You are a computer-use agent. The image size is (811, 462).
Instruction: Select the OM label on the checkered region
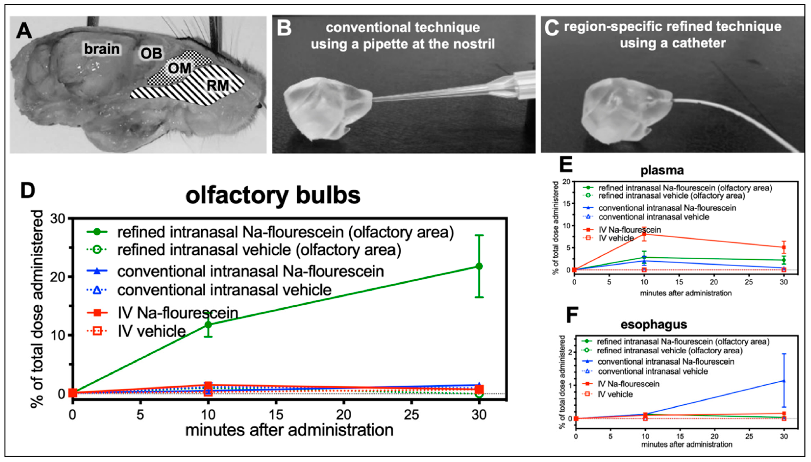[179, 68]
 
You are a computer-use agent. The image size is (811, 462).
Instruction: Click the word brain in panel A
[102, 49]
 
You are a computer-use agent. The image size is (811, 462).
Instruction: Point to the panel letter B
[284, 28]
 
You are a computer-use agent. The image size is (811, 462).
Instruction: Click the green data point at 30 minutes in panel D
[479, 266]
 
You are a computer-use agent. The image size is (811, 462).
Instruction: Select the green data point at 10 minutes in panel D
[208, 325]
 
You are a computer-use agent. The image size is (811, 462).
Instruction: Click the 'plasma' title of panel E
[662, 170]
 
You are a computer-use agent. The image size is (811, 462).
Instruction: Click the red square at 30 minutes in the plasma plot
[784, 247]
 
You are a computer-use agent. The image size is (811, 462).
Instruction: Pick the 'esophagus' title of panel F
[654, 324]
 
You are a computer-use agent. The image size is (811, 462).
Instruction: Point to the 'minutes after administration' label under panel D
[289, 430]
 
